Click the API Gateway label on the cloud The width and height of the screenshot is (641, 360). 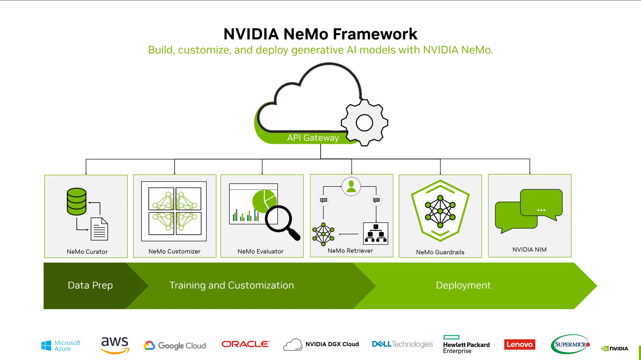click(313, 138)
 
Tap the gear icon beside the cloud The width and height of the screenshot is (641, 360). click(364, 123)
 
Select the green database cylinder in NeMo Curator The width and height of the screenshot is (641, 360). click(76, 201)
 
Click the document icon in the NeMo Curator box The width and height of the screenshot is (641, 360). click(99, 229)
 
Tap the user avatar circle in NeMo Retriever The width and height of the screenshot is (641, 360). click(351, 186)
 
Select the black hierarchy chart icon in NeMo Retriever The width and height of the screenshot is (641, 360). click(376, 233)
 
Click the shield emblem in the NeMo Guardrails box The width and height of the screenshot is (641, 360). click(440, 211)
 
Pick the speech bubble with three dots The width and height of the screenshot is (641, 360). click(541, 203)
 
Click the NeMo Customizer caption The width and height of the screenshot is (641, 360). click(174, 251)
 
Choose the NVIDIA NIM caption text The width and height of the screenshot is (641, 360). click(529, 250)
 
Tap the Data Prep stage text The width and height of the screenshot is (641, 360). click(90, 285)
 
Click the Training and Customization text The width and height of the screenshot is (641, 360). click(232, 285)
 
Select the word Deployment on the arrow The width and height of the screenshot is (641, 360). click(463, 285)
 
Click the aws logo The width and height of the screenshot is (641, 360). click(115, 344)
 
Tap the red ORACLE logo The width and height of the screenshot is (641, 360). click(246, 344)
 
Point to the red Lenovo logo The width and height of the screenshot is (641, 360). click(520, 344)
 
